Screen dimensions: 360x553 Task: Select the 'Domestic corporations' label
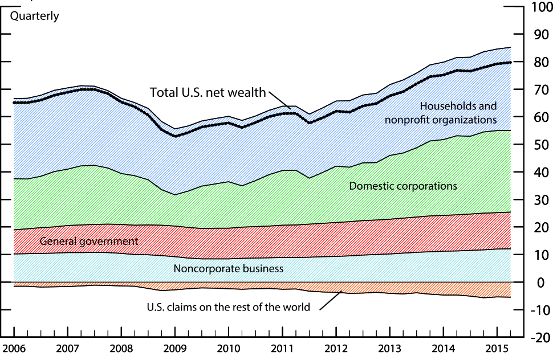(x=403, y=186)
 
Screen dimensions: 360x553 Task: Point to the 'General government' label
(x=89, y=241)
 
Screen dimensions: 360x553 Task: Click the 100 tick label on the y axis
(x=539, y=8)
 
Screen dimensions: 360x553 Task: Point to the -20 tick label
(x=539, y=337)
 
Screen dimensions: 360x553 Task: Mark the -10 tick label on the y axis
(x=539, y=310)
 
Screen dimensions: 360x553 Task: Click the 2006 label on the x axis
(x=13, y=348)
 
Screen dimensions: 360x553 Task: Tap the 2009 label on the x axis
(x=174, y=348)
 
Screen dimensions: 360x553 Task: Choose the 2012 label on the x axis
(x=336, y=348)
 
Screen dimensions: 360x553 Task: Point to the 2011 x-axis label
(x=282, y=348)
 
